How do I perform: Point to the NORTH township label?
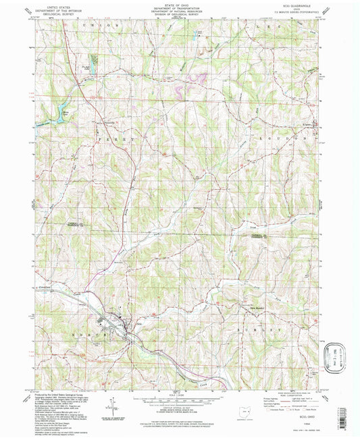(95, 334)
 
